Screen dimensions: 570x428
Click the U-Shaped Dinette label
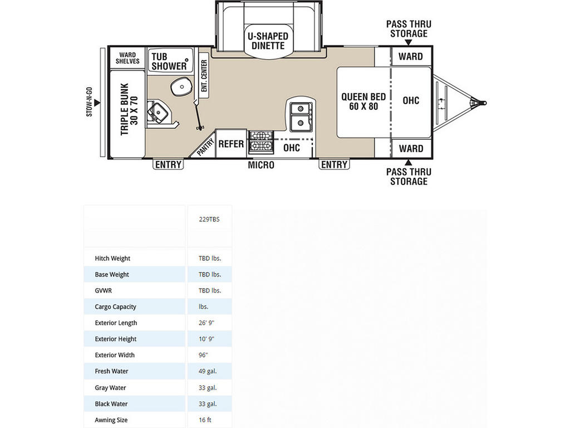[x=268, y=41]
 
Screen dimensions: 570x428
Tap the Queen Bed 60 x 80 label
[x=363, y=101]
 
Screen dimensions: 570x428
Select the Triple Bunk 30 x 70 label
[x=129, y=110]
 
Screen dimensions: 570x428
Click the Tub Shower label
[x=169, y=61]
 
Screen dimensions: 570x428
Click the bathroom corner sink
[x=157, y=111]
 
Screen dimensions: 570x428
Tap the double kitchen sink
[x=301, y=115]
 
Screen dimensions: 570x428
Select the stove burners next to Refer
[x=261, y=142]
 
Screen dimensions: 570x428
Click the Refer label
[x=231, y=144]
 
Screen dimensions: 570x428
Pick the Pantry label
[x=205, y=147]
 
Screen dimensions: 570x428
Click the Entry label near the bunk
[x=168, y=164]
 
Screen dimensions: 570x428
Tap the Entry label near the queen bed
[x=334, y=164]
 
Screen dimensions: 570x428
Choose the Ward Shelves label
[x=127, y=58]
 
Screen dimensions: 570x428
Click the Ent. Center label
[x=204, y=76]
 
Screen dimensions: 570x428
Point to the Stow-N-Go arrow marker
[x=97, y=103]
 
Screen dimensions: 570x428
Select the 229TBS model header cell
[x=209, y=220]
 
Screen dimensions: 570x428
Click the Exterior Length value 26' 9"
[x=207, y=323]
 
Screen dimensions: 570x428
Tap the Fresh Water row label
[x=111, y=371]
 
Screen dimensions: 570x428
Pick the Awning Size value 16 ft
[x=205, y=420]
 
